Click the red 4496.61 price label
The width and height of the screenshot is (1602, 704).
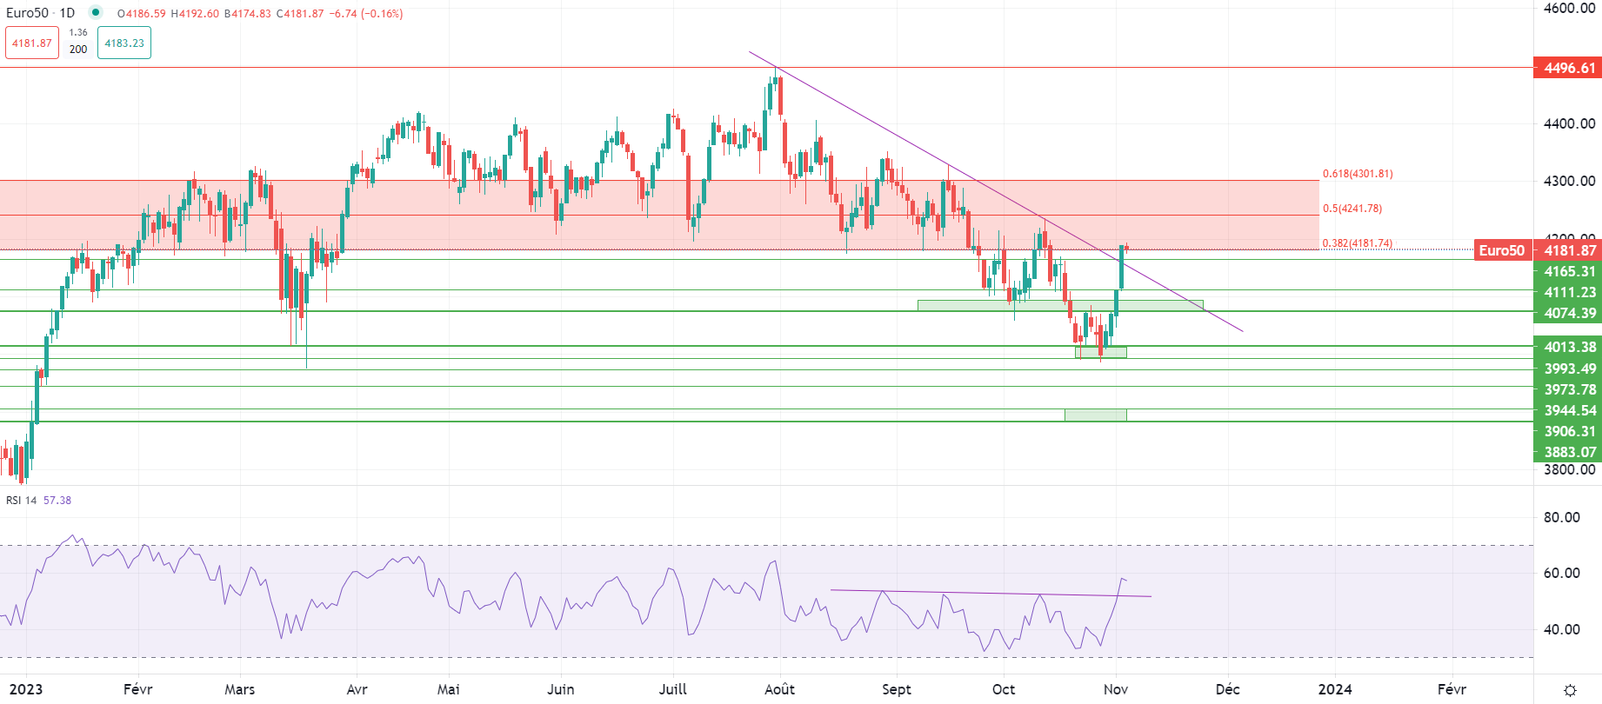1567,68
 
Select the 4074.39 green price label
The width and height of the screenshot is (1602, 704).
1567,313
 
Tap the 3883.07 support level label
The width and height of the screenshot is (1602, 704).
1567,452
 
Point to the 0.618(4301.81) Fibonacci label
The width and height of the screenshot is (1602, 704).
1357,174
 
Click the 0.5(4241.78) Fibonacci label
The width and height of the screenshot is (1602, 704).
1352,209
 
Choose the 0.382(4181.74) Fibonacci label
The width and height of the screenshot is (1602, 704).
1357,243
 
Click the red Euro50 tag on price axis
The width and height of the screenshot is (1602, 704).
1502,250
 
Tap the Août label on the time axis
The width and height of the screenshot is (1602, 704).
779,689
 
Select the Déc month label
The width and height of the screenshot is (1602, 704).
1227,689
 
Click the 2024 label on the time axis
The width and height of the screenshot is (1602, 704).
1335,689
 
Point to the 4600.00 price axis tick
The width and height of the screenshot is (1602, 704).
1569,8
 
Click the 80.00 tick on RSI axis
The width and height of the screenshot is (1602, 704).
1561,517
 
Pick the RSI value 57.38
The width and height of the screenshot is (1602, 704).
57,501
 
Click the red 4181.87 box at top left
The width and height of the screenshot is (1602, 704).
32,43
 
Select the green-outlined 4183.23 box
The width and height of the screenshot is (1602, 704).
124,43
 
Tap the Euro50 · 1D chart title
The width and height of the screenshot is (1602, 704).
41,13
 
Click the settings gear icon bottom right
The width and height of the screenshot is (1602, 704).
1570,690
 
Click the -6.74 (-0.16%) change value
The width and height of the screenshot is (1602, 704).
366,14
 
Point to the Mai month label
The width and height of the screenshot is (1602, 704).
449,689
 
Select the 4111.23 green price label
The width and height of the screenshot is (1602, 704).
1567,292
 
